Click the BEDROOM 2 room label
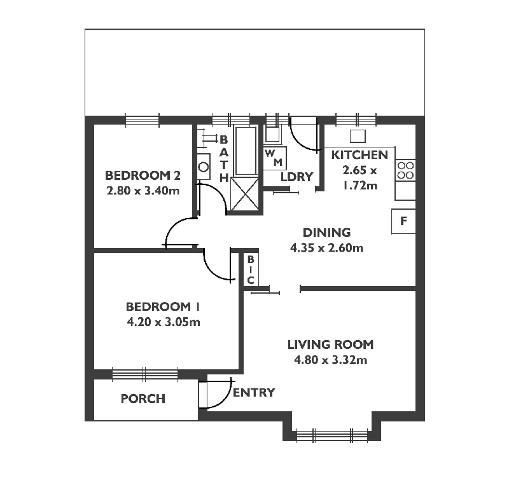click(x=138, y=175)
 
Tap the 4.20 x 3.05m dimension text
click(x=164, y=322)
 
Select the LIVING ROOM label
click(x=330, y=345)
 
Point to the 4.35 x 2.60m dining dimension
click(x=326, y=248)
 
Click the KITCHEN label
click(x=359, y=155)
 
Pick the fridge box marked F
click(x=403, y=221)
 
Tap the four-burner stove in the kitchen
click(x=405, y=170)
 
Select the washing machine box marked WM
click(x=274, y=158)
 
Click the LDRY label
click(x=297, y=177)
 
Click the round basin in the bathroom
click(x=204, y=167)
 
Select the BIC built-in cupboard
click(x=251, y=270)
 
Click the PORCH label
click(x=143, y=399)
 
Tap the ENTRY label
click(x=254, y=392)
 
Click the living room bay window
click(x=333, y=435)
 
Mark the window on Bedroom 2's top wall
click(x=142, y=119)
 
